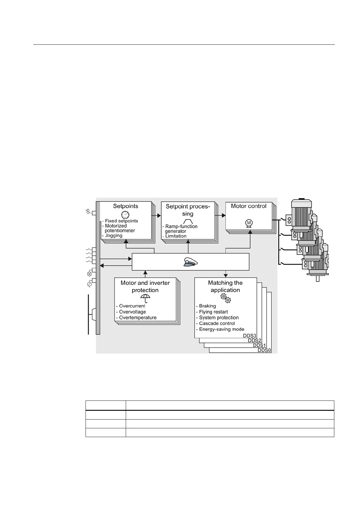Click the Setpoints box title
125,206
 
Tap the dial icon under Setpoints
125,215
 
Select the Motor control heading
248,206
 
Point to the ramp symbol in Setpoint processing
188,221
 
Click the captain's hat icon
190,262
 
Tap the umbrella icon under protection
145,298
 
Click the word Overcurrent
132,306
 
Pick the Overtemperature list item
138,318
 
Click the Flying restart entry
213,312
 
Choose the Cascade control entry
217,323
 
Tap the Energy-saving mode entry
222,329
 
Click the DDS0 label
264,350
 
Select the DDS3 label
250,336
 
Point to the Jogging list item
114,235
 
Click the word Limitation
176,236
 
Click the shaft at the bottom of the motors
317,278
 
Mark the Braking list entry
207,306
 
